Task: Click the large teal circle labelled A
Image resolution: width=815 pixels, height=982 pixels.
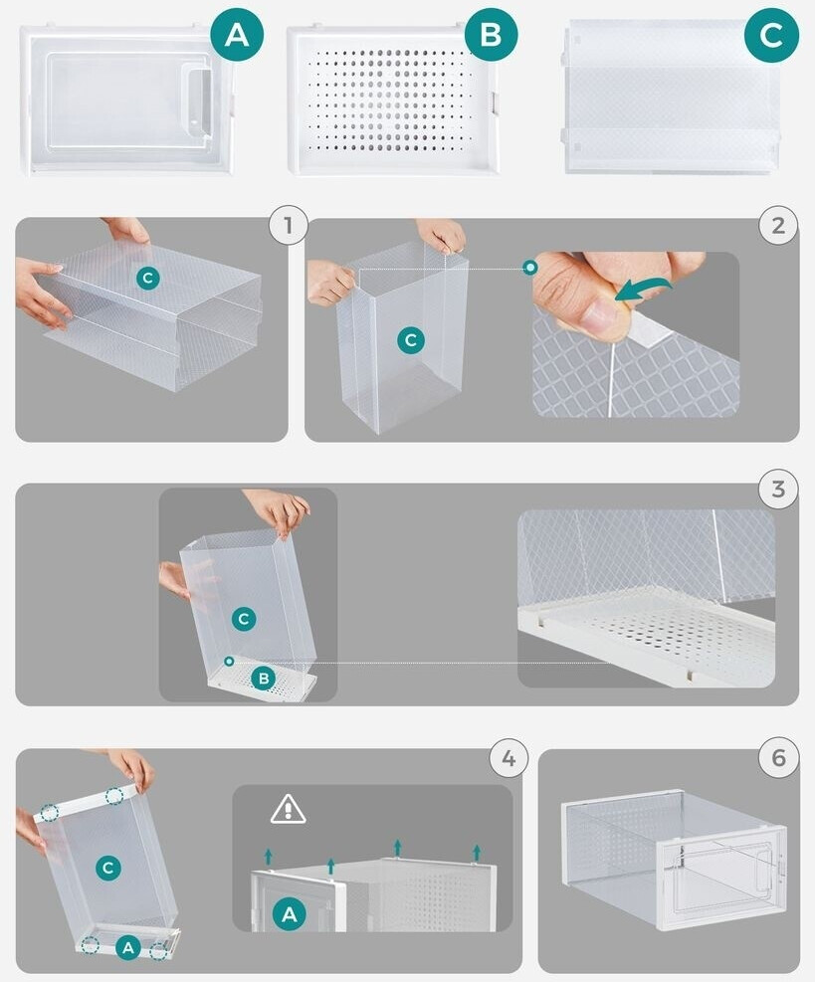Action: click(x=237, y=35)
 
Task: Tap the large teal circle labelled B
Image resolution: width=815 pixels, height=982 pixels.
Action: click(x=492, y=35)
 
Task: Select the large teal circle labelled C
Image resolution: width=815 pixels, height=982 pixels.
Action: click(x=772, y=35)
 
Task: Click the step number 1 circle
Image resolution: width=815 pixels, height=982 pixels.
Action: click(x=289, y=225)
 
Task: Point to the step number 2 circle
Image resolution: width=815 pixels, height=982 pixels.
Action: click(x=778, y=225)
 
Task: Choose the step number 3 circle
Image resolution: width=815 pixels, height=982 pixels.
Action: click(x=778, y=489)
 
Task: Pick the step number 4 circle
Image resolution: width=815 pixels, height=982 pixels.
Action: click(x=509, y=758)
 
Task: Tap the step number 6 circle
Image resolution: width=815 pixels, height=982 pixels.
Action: click(x=778, y=758)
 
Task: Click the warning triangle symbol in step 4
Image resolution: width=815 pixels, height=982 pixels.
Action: click(x=289, y=809)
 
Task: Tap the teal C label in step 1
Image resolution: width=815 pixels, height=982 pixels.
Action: click(x=148, y=278)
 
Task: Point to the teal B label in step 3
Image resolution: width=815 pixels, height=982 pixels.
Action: click(x=264, y=679)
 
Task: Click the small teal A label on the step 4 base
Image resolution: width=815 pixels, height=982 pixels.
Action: click(x=128, y=947)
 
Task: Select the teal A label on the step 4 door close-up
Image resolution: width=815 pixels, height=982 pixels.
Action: click(x=289, y=914)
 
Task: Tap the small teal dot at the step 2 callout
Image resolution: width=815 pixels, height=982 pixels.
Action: click(x=530, y=268)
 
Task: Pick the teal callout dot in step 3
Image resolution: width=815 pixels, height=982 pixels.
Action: click(x=229, y=661)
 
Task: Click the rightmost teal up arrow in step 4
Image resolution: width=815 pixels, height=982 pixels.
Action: click(x=477, y=853)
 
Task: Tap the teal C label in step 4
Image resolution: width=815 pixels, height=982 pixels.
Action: click(x=107, y=868)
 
